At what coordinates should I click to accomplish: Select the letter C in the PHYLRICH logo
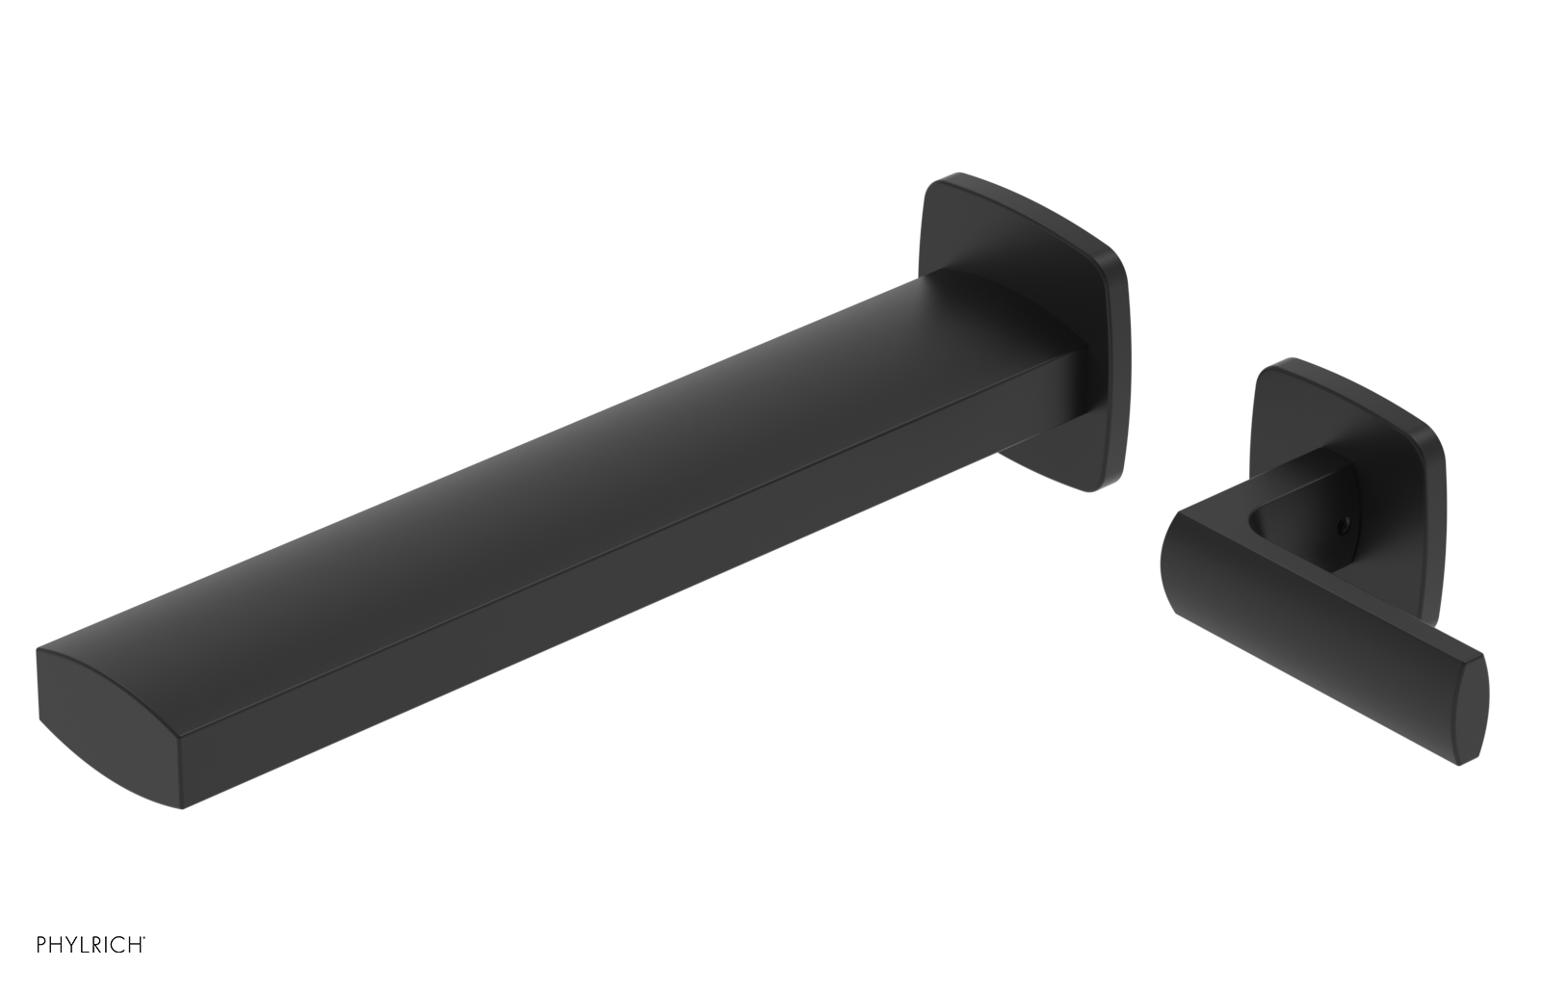tap(109, 969)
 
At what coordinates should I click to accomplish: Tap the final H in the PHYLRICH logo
tap(129, 969)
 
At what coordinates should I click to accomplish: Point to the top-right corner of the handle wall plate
tap(1435, 433)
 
